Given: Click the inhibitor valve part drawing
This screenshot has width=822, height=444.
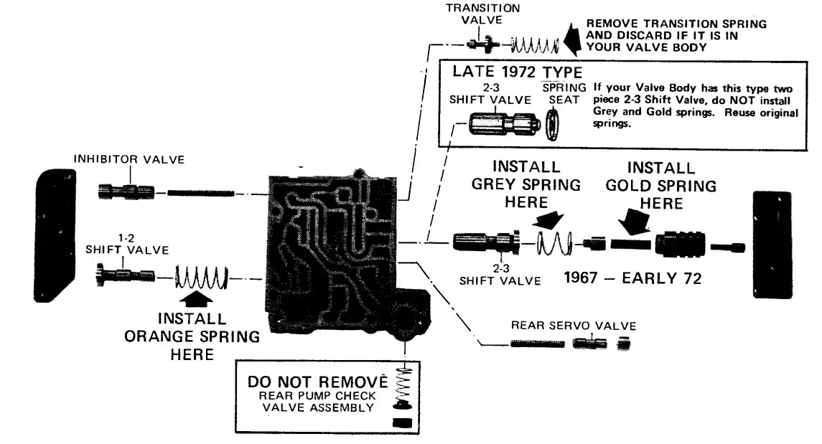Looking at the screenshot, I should (x=125, y=192).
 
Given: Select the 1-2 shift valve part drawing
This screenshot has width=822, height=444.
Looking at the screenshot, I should (x=123, y=275).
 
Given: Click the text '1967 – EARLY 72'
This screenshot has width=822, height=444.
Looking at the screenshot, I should (x=632, y=278).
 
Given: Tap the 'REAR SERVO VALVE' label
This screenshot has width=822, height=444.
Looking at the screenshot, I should (x=573, y=326).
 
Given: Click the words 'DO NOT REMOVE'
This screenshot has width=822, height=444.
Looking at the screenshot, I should (x=317, y=381).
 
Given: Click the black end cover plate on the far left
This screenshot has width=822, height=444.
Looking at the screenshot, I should (x=55, y=235).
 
